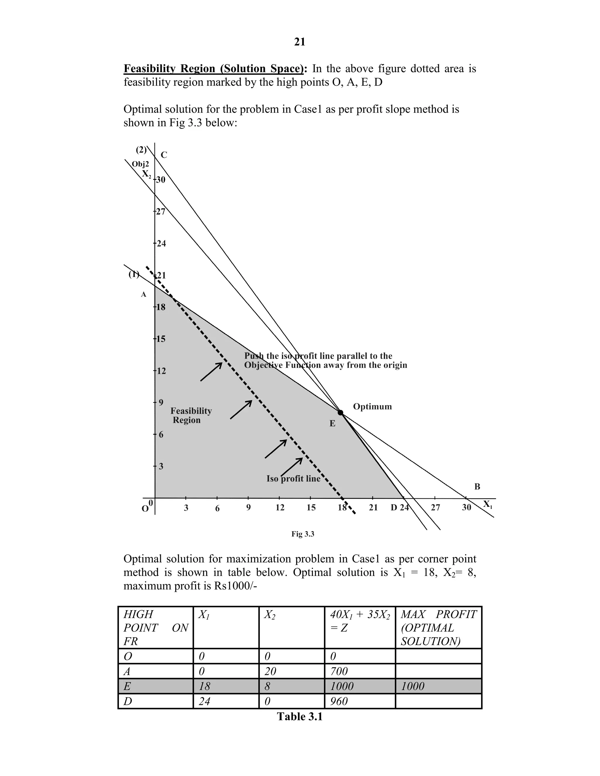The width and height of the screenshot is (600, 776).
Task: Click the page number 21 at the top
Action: click(300, 42)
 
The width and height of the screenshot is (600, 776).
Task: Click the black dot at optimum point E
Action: click(340, 413)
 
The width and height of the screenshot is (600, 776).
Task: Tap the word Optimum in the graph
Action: click(372, 406)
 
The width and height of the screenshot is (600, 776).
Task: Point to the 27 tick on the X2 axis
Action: click(160, 212)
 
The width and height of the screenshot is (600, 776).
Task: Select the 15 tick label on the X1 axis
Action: click(311, 508)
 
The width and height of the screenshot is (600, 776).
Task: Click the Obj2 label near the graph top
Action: click(140, 164)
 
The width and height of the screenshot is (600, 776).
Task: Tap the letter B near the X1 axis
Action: click(477, 487)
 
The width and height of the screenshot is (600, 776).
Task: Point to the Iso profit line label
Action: click(293, 478)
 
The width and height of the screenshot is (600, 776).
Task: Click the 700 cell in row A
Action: click(339, 671)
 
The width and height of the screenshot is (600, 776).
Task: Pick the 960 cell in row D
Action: click(339, 701)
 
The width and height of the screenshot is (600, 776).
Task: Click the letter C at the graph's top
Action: click(164, 155)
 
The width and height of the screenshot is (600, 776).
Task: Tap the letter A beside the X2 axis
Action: click(144, 294)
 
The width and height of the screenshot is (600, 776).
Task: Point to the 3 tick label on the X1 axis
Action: click(186, 508)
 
